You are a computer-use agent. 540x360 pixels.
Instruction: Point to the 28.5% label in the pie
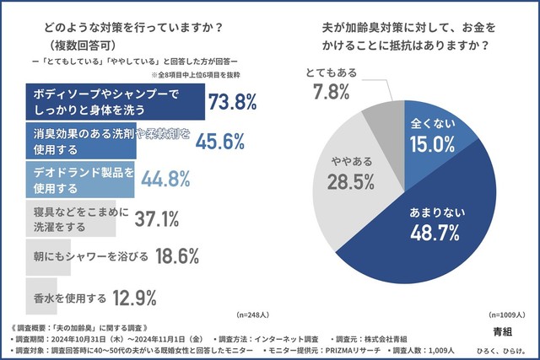(x=345, y=184)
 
